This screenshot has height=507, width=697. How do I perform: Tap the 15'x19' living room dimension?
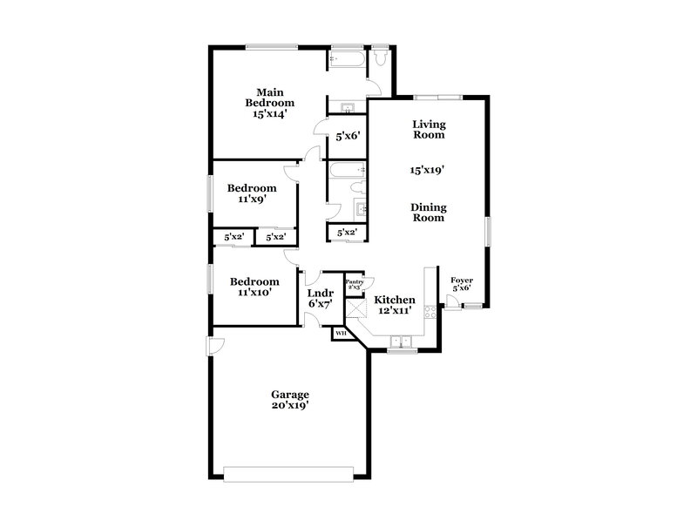point(429,171)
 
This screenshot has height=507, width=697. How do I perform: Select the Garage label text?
point(289,394)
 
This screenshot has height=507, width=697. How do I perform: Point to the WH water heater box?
point(341,332)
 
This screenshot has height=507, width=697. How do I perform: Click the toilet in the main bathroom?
point(380,57)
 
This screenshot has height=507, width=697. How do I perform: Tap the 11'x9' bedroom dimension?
point(252,199)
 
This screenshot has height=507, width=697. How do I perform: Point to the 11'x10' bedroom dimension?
point(254,293)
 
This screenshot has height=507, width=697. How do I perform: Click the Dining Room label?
point(429,212)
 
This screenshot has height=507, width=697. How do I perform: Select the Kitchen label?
point(395,300)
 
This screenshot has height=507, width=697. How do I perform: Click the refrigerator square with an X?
point(355,306)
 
